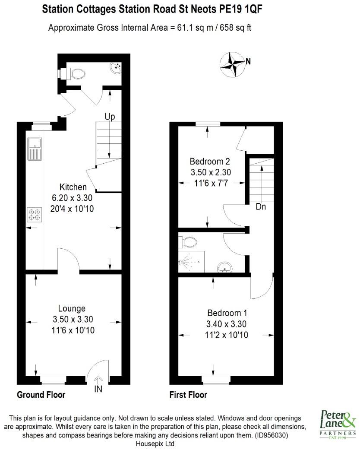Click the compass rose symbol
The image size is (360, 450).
pyautogui.click(x=232, y=62)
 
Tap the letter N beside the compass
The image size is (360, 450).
pyautogui.click(x=248, y=61)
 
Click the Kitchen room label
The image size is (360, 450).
pyautogui.click(x=73, y=187)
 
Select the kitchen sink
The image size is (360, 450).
pyautogui.click(x=34, y=148)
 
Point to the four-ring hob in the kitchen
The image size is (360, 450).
pyautogui.click(x=34, y=215)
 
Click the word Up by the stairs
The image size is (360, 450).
pyautogui.click(x=110, y=117)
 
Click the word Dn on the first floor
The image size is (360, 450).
pyautogui.click(x=261, y=206)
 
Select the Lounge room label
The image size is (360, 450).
pyautogui.click(x=72, y=308)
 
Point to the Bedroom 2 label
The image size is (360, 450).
pyautogui.click(x=210, y=162)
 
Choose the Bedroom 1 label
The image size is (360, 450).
pyautogui.click(x=227, y=313)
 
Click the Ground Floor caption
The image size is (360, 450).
pyautogui.click(x=41, y=395)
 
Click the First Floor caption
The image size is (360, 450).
pyautogui.click(x=188, y=395)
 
